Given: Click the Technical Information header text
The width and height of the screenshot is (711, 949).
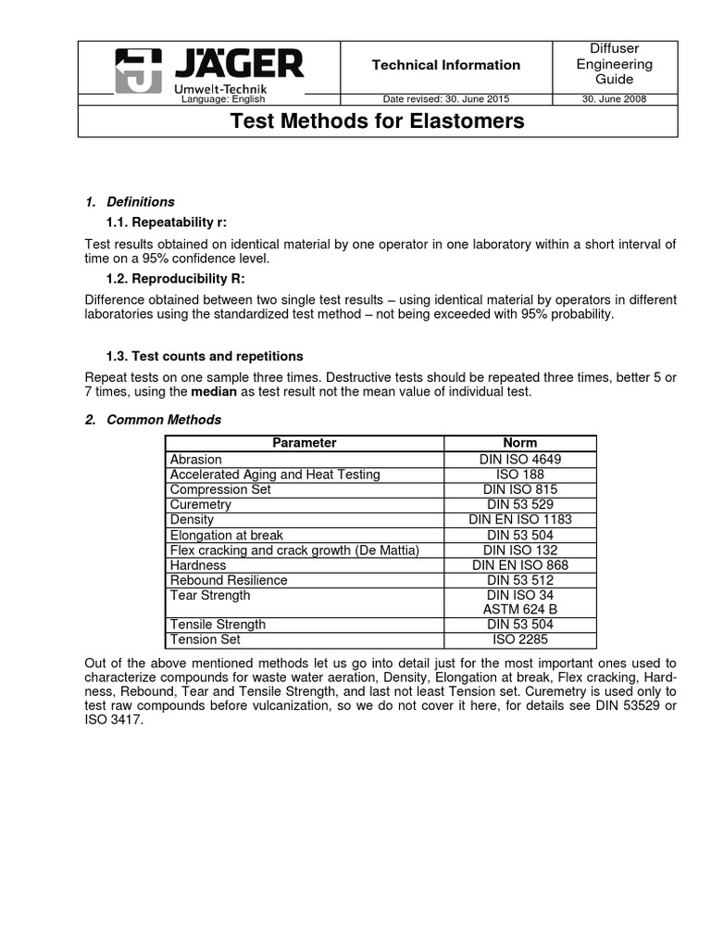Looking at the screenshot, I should click(x=445, y=65).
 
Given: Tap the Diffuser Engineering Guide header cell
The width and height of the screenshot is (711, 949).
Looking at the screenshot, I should click(x=614, y=64).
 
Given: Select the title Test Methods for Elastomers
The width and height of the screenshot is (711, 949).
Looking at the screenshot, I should click(x=377, y=120).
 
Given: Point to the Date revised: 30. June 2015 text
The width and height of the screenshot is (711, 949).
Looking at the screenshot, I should click(x=445, y=99).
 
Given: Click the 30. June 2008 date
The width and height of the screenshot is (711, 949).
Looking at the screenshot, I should click(x=614, y=99).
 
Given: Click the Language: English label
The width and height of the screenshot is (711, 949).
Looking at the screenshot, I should click(x=222, y=99).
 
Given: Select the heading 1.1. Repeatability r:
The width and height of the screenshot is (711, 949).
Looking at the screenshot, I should click(x=167, y=222).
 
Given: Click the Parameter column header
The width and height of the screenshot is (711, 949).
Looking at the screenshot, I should click(x=305, y=443).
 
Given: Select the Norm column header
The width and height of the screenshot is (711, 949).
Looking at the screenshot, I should click(x=519, y=443).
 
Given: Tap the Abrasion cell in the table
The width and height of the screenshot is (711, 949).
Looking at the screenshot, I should click(x=195, y=459).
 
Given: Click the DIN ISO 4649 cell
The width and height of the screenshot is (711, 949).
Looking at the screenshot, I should click(x=519, y=459).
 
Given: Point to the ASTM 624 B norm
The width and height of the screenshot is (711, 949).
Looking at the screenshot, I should click(x=519, y=610).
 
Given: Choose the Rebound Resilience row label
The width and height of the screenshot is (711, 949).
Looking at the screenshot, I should click(x=228, y=580).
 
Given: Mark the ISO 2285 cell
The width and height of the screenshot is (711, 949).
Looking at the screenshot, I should click(x=519, y=639).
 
